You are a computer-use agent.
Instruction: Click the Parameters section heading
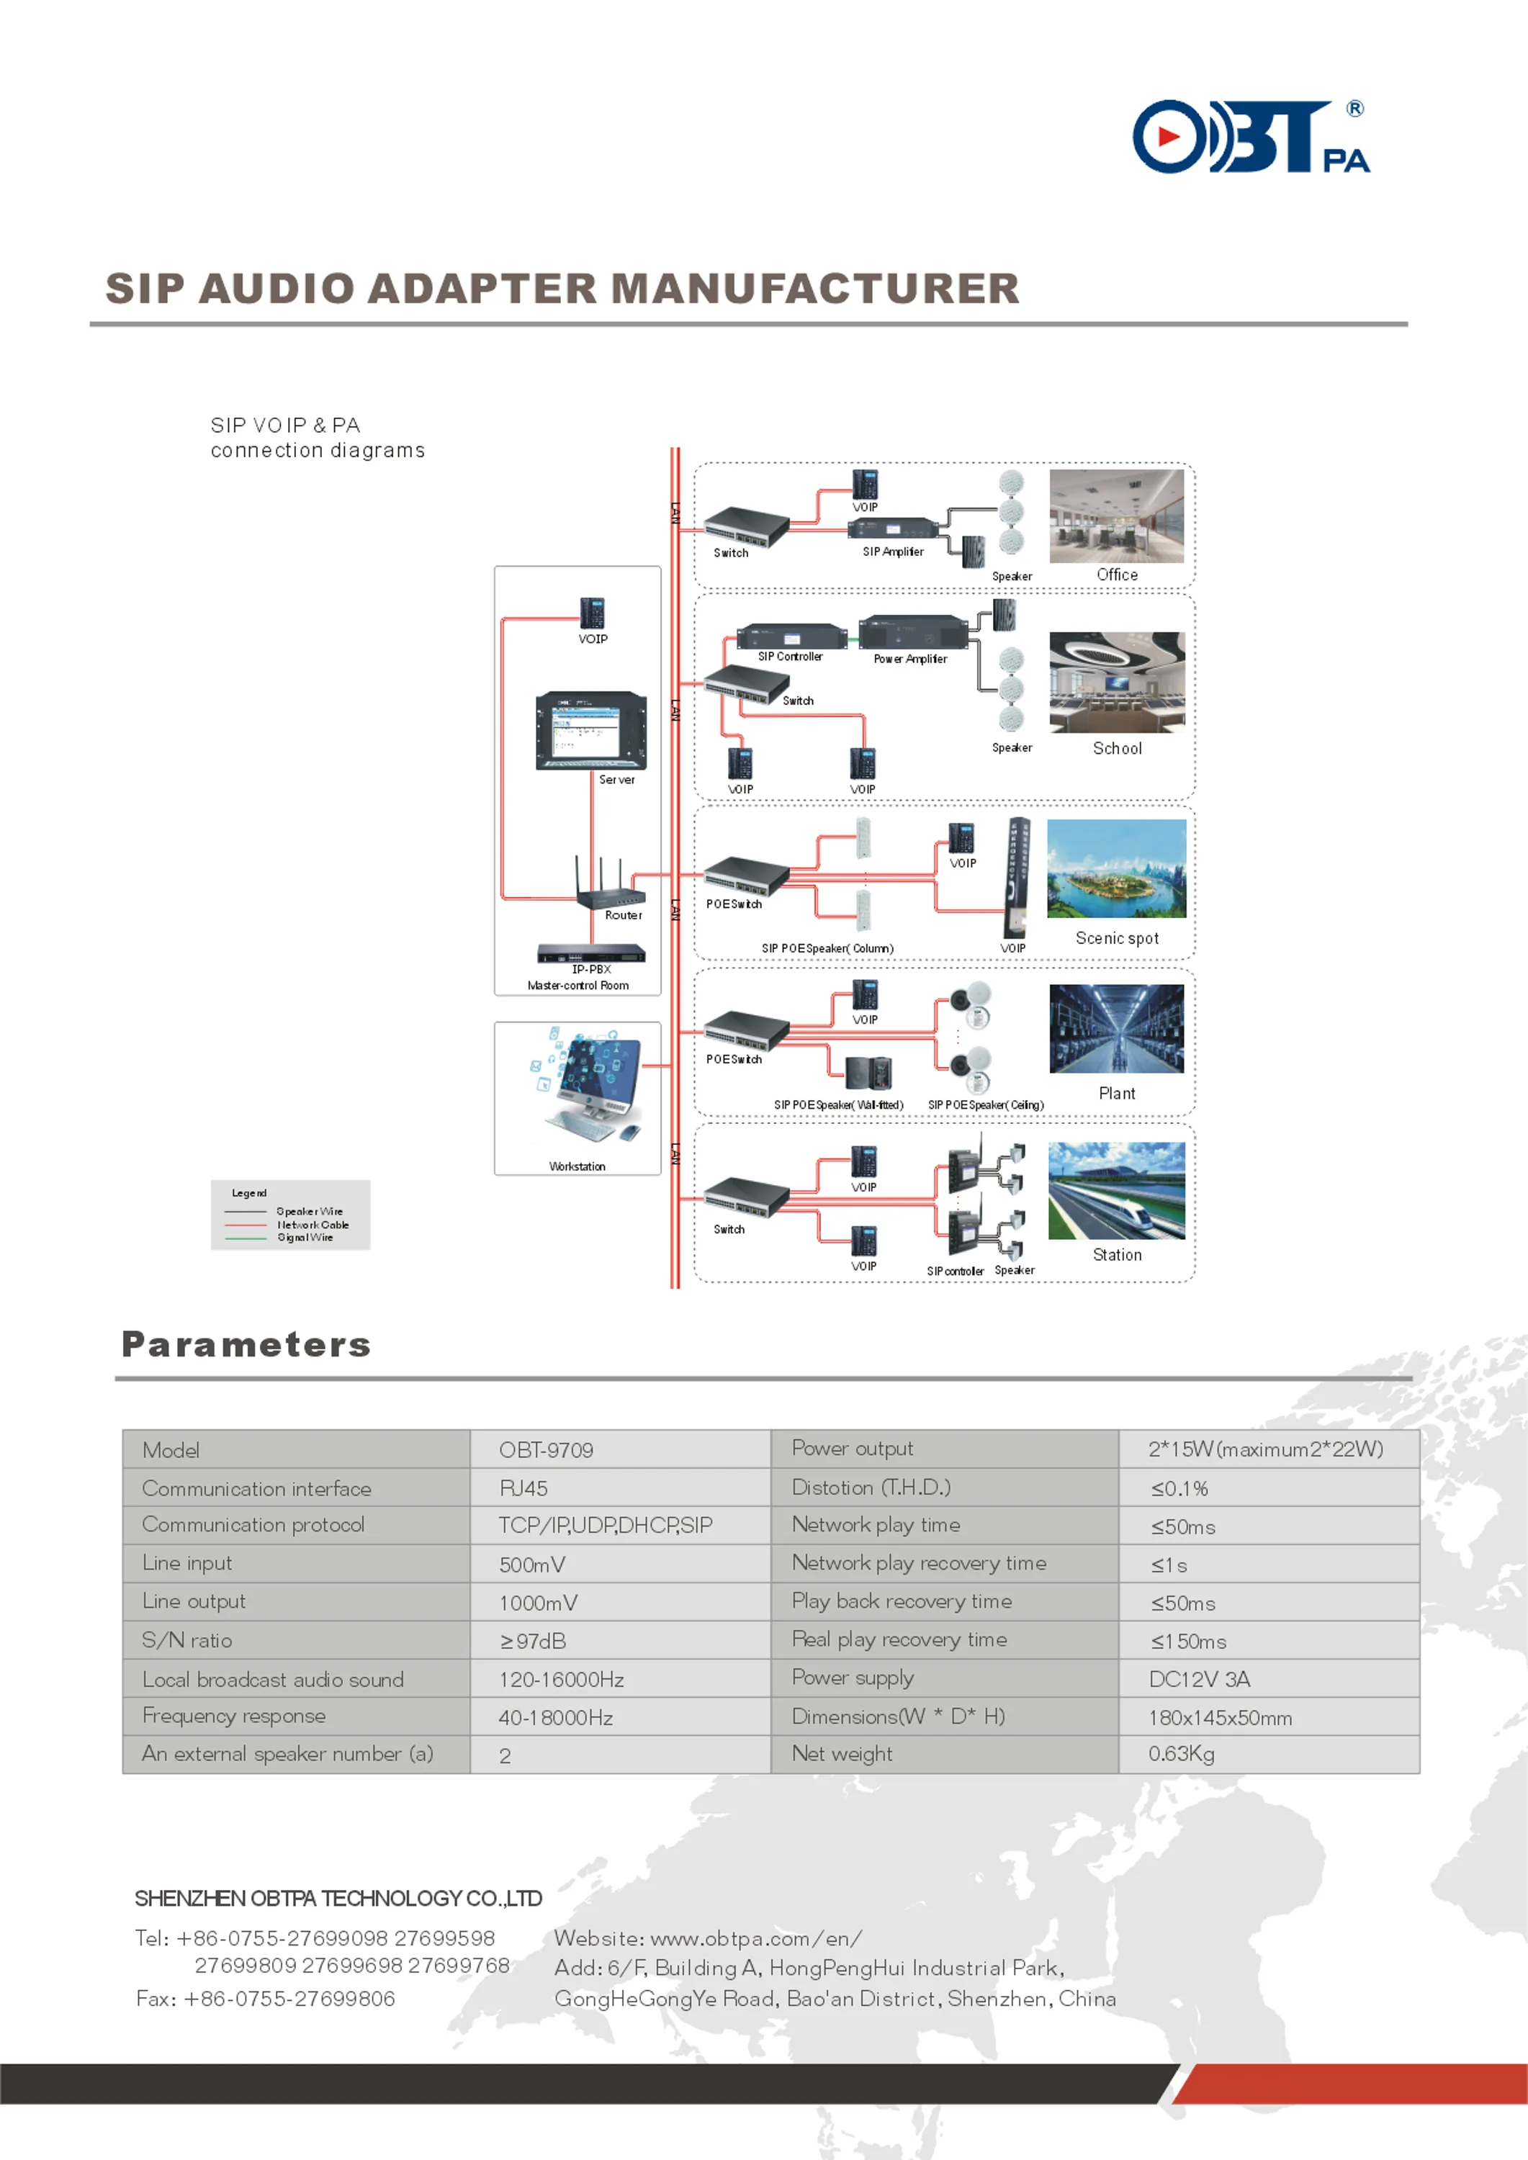(x=246, y=1344)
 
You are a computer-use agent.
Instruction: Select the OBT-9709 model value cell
(x=546, y=1450)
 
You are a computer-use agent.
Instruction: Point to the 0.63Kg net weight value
(x=1181, y=1754)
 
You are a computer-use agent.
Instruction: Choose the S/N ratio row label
(x=186, y=1641)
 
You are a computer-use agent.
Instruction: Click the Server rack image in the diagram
(x=591, y=731)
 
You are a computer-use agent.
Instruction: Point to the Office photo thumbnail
(x=1117, y=516)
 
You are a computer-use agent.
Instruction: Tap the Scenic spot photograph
(x=1117, y=868)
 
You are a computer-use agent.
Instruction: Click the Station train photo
(x=1117, y=1190)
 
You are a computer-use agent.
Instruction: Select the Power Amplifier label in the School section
(x=910, y=660)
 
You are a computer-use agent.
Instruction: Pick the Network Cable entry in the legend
(x=313, y=1225)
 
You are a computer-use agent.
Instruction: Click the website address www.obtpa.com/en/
(x=755, y=1938)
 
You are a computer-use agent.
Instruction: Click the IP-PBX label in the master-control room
(x=592, y=969)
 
